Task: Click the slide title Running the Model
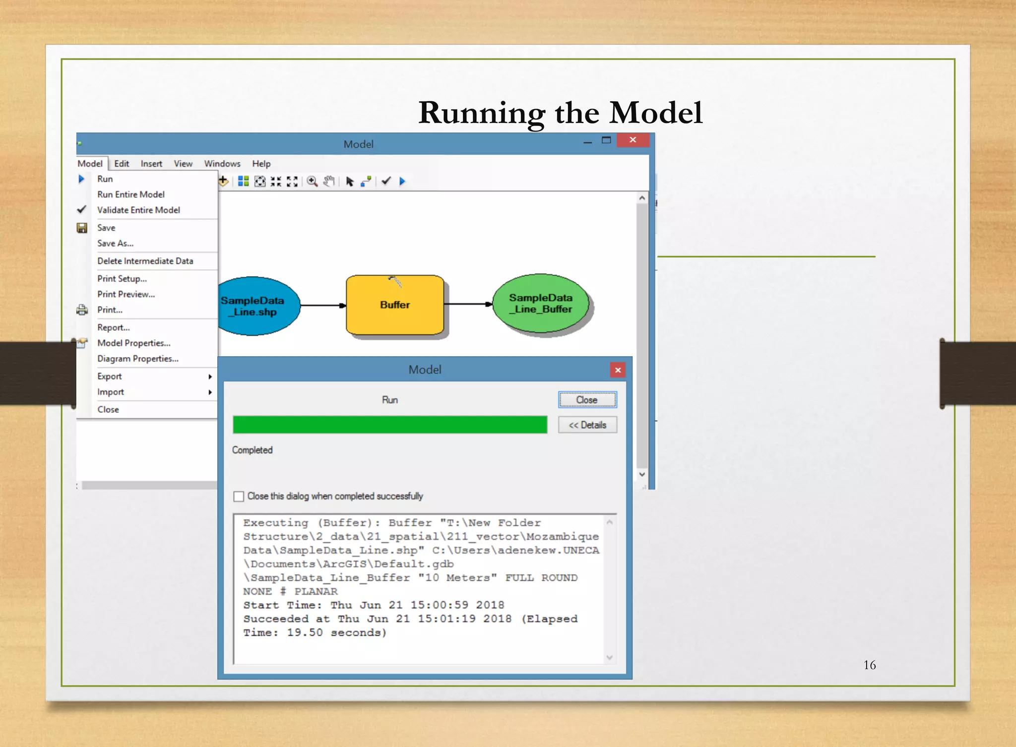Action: coord(560,113)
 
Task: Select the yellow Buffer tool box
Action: coord(395,305)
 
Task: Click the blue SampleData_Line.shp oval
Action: coord(256,306)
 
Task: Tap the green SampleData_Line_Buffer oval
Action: coord(541,304)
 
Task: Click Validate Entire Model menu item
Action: coord(138,210)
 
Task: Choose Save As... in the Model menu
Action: coord(115,243)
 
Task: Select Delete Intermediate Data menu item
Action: coord(145,261)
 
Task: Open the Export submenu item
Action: coord(110,376)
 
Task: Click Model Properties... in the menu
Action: coord(133,343)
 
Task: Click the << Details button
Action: coord(587,425)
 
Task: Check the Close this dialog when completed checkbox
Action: coord(239,497)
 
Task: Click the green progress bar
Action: coord(390,425)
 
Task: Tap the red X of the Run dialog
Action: coord(618,370)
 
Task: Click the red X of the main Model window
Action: coord(633,140)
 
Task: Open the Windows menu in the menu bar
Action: coord(222,164)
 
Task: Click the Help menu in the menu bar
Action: coord(261,164)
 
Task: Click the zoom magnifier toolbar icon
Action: coord(312,182)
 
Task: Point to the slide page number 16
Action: coord(869,665)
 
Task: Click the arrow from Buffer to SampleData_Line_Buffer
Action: coord(467,304)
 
